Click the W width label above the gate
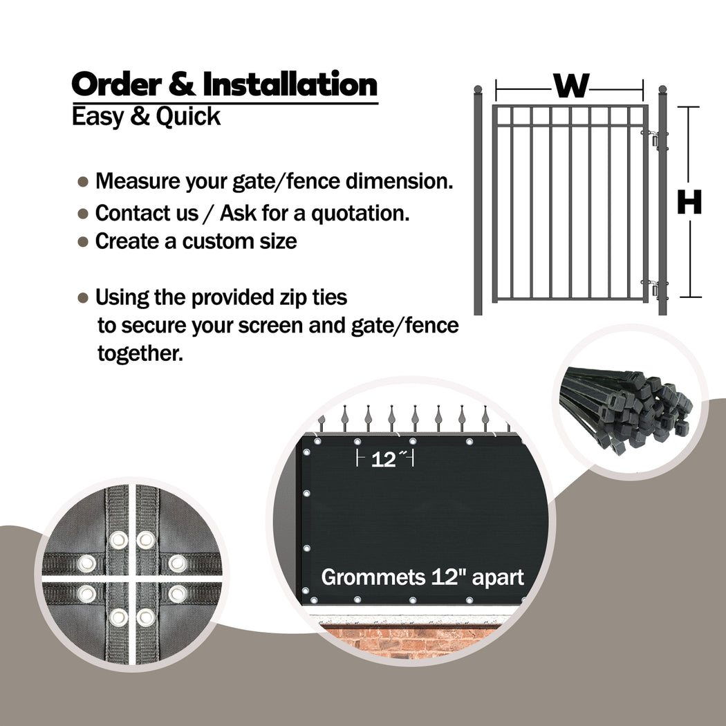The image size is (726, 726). click(571, 86)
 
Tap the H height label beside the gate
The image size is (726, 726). click(689, 203)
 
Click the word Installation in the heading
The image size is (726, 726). click(290, 84)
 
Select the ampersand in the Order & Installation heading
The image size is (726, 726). click(182, 84)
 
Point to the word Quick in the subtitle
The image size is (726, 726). click(188, 117)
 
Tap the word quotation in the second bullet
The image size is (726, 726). click(360, 214)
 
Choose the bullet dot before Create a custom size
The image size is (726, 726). click(83, 242)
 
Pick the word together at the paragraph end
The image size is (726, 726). click(140, 354)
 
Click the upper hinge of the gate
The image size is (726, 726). click(655, 141)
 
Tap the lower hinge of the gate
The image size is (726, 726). click(655, 289)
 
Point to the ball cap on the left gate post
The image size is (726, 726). click(478, 89)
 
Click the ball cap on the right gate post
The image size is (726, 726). click(662, 89)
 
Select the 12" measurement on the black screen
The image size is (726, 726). click(384, 459)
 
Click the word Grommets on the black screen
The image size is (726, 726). click(373, 577)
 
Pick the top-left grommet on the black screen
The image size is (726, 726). click(317, 441)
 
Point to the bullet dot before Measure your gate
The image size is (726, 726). click(83, 181)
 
